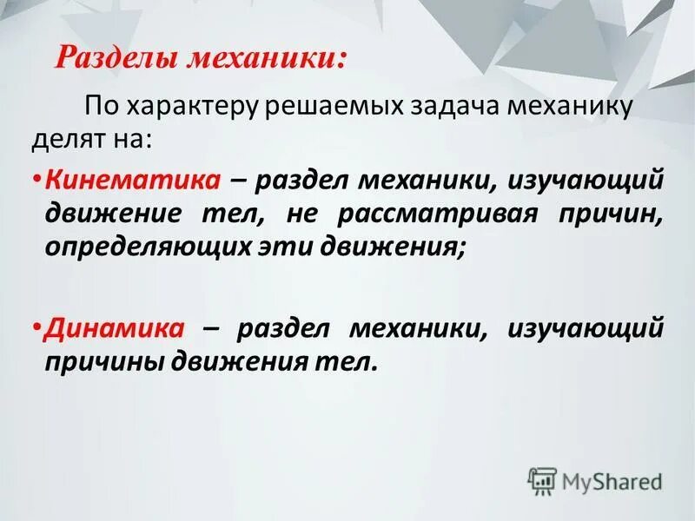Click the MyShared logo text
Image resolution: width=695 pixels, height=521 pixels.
tap(610, 479)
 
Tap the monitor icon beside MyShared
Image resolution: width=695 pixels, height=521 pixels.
tap(542, 479)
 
